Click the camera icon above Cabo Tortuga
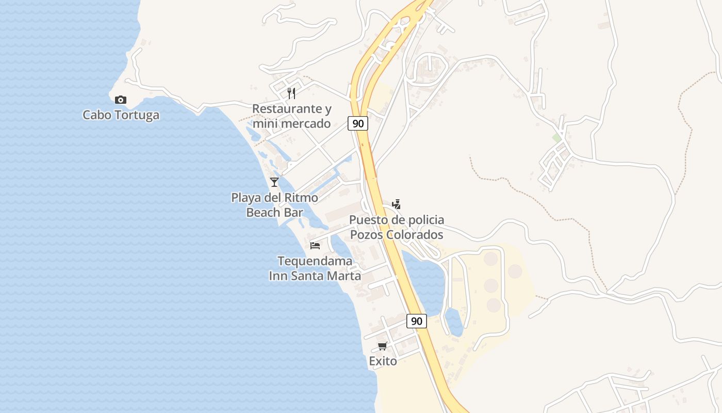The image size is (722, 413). coord(121,100)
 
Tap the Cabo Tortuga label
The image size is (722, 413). coord(121,115)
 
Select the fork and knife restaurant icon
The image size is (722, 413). coord(291,93)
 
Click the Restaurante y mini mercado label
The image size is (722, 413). coord(291,116)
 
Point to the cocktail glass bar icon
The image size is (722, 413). coord(274,182)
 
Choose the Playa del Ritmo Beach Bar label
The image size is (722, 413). coord(274,204)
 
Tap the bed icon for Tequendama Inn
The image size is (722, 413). coord(315,245)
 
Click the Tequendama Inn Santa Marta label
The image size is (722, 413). coord(315,268)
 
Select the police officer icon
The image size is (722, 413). coord(396,204)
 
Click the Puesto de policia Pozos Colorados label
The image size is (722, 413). coord(397,227)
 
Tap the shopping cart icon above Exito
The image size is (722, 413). coord(382,346)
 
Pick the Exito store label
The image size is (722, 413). coord(383,361)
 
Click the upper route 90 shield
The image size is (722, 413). coord(357,123)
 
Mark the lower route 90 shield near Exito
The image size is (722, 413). coord(417,321)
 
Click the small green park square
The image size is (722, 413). coord(556,138)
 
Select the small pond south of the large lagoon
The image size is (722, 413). coord(454,322)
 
